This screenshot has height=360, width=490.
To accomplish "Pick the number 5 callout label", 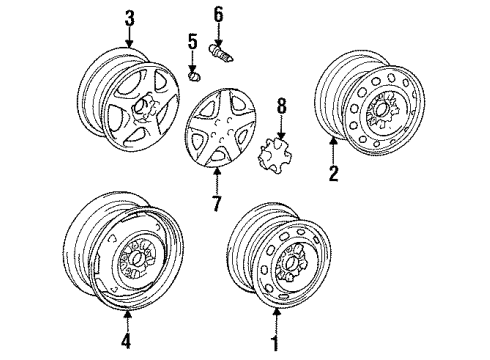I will (194, 42).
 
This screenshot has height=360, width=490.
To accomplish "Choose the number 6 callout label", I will (217, 14).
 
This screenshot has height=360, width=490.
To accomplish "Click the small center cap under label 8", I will (276, 156).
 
